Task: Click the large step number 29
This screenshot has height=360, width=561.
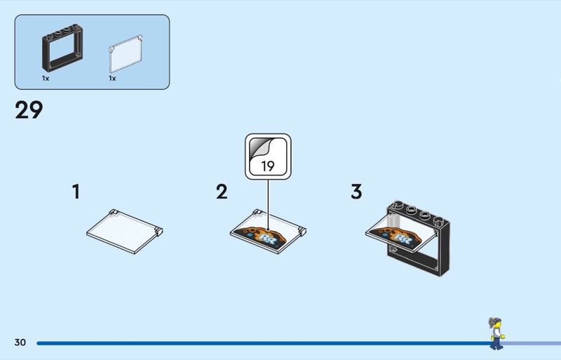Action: coord(29,109)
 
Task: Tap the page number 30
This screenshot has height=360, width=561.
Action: coord(20,342)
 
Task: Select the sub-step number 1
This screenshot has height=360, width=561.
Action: coord(76,192)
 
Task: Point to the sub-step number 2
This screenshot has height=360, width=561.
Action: coord(222,192)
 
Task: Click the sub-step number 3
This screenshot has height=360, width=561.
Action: coord(356,192)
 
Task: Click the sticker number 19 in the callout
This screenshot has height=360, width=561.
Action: coord(268,166)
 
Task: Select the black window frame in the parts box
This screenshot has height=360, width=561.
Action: coord(62,48)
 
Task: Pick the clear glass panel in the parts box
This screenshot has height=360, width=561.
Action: coord(126,54)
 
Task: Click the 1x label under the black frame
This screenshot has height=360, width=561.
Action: coord(46,78)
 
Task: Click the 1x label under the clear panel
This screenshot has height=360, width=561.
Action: coord(112,78)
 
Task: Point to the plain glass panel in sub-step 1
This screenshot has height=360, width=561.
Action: coord(125,232)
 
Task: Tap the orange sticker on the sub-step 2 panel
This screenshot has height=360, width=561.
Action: coord(262,236)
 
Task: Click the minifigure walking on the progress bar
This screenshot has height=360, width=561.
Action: coord(496,333)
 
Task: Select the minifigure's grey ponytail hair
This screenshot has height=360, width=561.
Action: coord(494,321)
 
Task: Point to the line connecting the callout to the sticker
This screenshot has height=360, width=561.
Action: coord(268,204)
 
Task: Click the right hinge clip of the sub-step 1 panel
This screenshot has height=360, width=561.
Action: coord(158,231)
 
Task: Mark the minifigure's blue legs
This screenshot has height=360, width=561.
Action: coord(496,344)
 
